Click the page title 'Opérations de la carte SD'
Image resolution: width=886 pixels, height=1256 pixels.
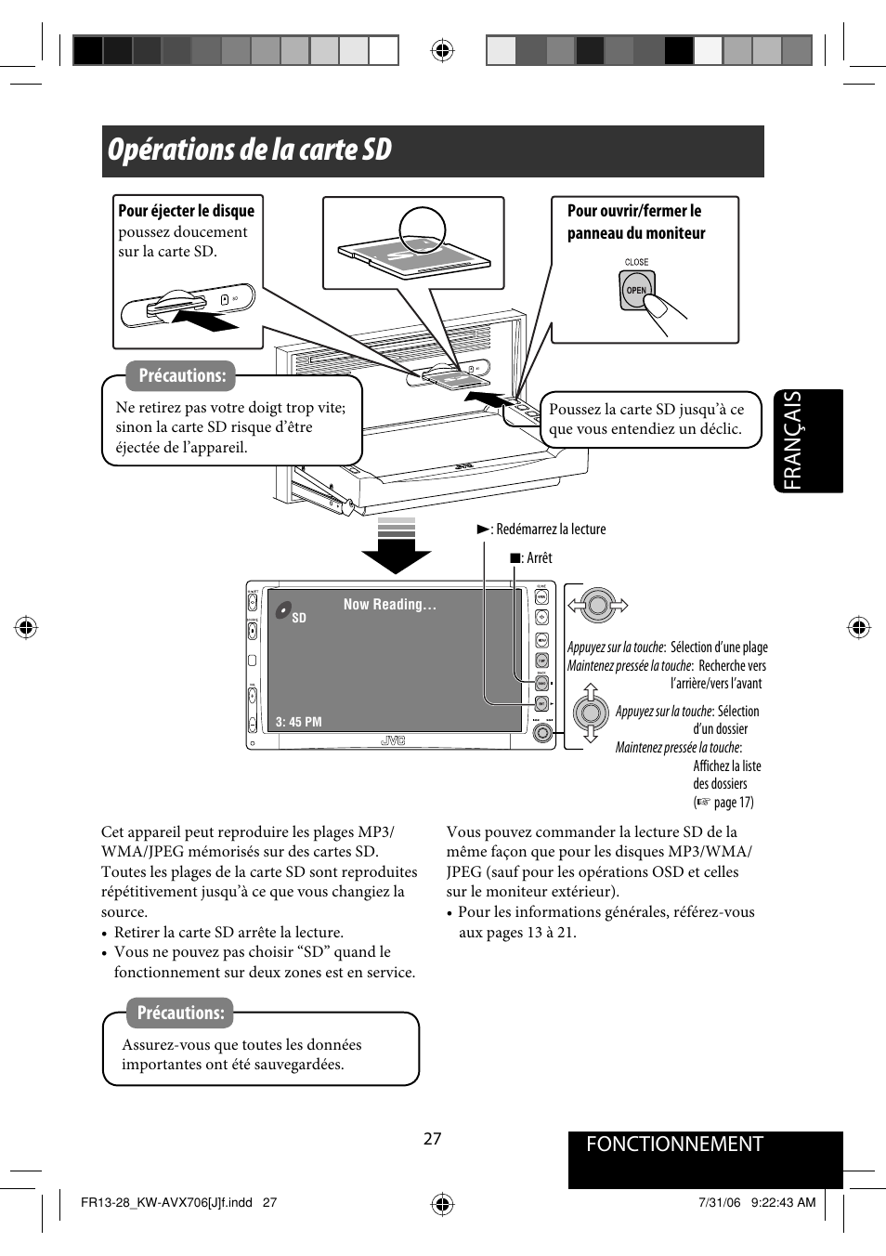[249, 150]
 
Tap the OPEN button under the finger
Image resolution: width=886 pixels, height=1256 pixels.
[635, 290]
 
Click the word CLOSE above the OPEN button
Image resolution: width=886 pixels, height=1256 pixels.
[636, 262]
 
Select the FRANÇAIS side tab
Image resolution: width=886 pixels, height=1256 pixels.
[805, 440]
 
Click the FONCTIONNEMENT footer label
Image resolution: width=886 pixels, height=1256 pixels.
[674, 1145]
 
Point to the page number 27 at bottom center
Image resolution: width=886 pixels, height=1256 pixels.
[432, 1139]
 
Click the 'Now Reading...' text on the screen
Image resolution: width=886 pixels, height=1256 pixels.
[389, 605]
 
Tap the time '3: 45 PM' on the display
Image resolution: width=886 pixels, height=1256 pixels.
[299, 722]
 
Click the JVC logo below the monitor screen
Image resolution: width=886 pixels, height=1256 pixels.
[393, 740]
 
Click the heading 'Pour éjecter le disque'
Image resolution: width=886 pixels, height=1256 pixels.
[186, 211]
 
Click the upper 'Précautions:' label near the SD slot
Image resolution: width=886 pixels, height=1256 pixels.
[182, 375]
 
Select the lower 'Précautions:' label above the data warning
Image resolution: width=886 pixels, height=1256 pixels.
[181, 1013]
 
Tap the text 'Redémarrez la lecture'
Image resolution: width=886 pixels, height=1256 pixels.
[550, 530]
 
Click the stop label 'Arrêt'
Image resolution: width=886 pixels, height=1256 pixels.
[539, 558]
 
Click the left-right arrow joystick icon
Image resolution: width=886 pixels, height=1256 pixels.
[597, 606]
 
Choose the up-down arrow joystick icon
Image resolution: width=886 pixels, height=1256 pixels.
[590, 713]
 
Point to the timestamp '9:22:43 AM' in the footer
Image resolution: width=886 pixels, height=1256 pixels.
[783, 1202]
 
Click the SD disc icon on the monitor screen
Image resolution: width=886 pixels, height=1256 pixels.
[284, 611]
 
